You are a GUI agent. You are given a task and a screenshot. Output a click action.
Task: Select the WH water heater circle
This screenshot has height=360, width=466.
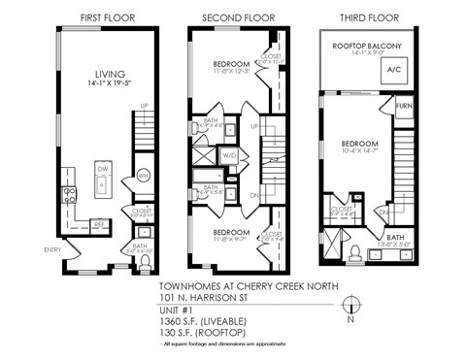(x=116, y=176)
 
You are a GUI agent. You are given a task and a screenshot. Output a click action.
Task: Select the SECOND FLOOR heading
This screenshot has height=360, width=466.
(x=236, y=18)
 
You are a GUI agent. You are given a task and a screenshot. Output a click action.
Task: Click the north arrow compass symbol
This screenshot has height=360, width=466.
(x=351, y=303)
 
